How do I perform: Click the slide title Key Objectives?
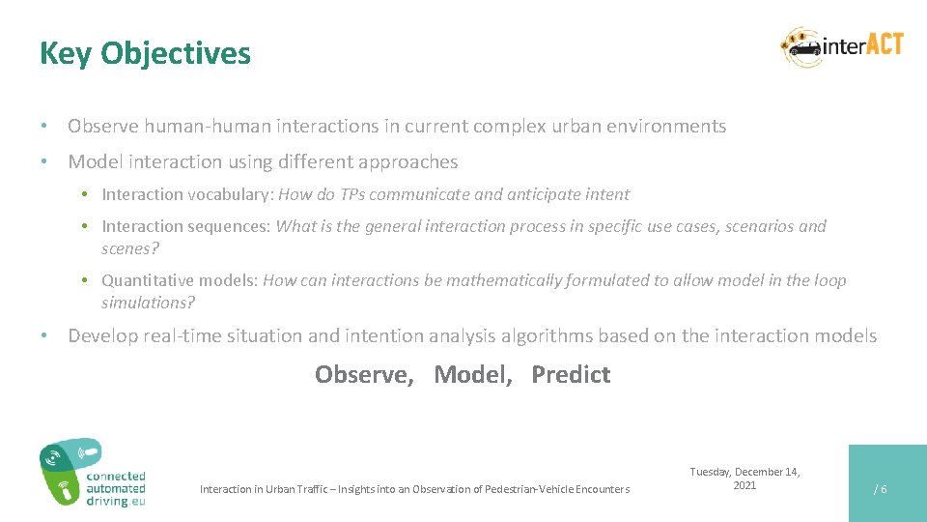coord(145,53)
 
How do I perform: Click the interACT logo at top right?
coord(842,46)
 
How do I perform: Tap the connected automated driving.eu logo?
coord(92,473)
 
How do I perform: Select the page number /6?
coord(880,489)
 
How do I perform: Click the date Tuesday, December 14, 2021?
coord(744,478)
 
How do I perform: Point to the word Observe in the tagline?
coord(363,374)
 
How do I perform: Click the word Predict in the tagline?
coord(571,374)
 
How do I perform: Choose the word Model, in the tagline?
coord(473,374)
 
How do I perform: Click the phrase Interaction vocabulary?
coord(187,194)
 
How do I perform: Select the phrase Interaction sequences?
coord(186,226)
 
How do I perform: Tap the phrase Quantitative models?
coord(180,280)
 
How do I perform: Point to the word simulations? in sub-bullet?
coord(148,303)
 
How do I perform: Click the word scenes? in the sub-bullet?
coord(130,248)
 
